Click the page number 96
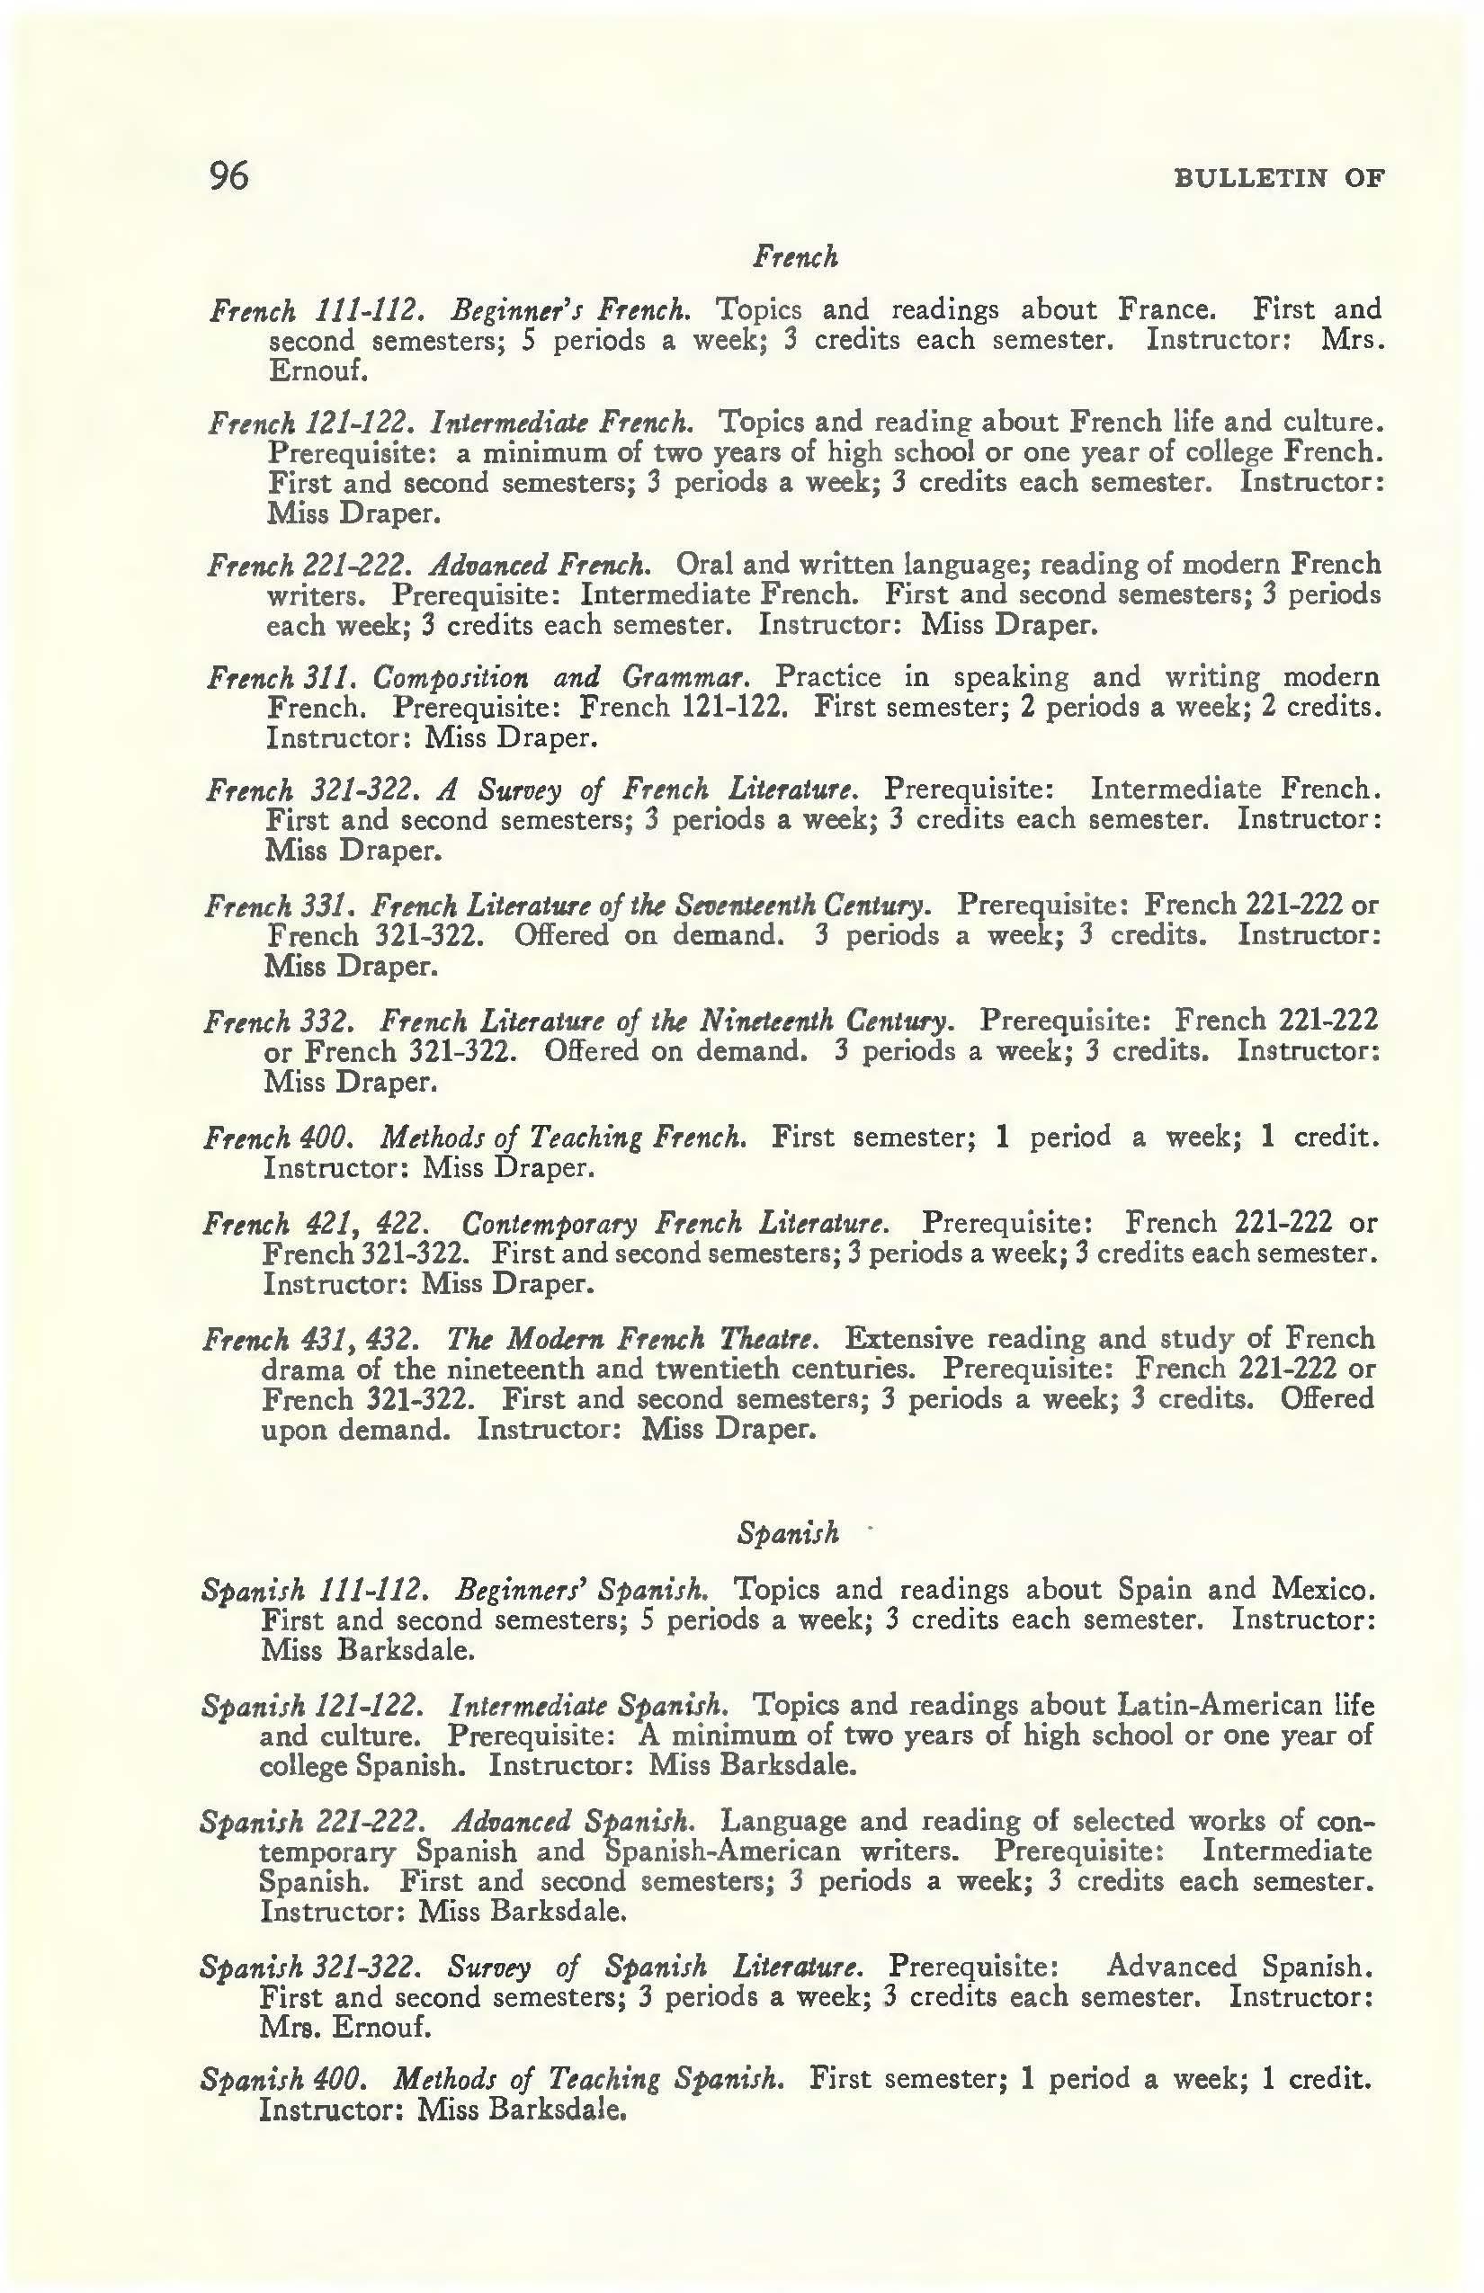click(x=229, y=176)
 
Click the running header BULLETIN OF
click(x=1279, y=178)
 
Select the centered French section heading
click(x=795, y=256)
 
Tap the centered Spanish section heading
click(x=787, y=1532)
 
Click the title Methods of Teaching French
click(x=564, y=1138)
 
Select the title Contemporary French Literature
click(x=675, y=1224)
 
